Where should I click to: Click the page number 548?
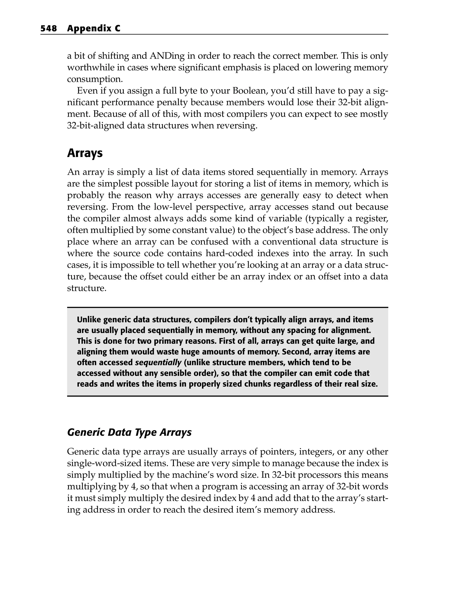pyautogui.click(x=49, y=29)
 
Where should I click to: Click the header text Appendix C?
pyautogui.click(x=94, y=29)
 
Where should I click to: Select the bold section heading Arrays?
pyautogui.click(x=85, y=153)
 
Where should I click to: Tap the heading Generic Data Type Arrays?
pyautogui.click(x=129, y=432)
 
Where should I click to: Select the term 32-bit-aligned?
pyautogui.click(x=95, y=126)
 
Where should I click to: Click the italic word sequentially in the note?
pyautogui.click(x=158, y=362)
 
